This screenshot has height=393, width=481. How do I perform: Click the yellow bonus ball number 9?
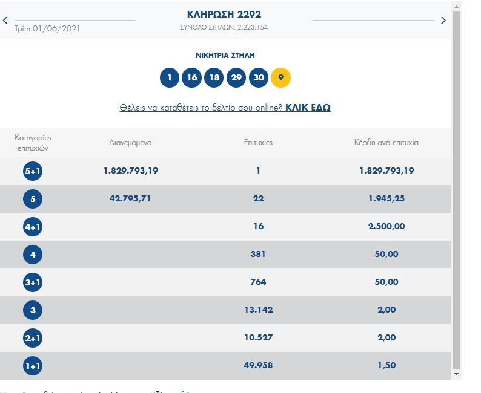tap(281, 77)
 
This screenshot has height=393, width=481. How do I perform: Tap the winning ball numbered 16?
tap(192, 77)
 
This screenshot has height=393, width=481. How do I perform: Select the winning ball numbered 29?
tap(236, 77)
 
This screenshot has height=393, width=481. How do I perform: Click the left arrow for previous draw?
tap(5, 21)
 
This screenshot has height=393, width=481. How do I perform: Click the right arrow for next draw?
tap(443, 21)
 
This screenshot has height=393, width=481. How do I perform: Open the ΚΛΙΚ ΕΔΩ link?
tap(308, 108)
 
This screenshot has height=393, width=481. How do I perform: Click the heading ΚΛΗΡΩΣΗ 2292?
tap(224, 14)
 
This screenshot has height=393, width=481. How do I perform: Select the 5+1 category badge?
tap(33, 171)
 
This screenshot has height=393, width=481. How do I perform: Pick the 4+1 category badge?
tap(33, 227)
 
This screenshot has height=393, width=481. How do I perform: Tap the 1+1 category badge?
tap(33, 366)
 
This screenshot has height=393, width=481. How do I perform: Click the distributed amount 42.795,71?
tap(131, 198)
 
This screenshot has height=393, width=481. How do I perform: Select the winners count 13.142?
tap(258, 310)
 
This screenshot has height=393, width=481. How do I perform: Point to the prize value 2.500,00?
tap(386, 226)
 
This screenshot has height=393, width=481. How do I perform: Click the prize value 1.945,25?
tap(386, 198)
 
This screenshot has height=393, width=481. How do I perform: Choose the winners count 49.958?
tap(258, 365)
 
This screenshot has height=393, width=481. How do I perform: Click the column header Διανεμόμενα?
tap(130, 143)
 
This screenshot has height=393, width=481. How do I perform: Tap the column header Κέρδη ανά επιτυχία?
tap(386, 143)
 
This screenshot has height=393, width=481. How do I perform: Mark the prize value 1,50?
tap(386, 365)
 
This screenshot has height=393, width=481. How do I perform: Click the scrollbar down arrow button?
tap(457, 374)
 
